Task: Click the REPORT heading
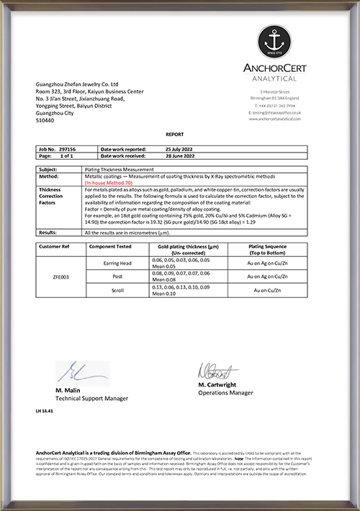tap(175, 135)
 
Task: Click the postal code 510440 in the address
tap(44, 121)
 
